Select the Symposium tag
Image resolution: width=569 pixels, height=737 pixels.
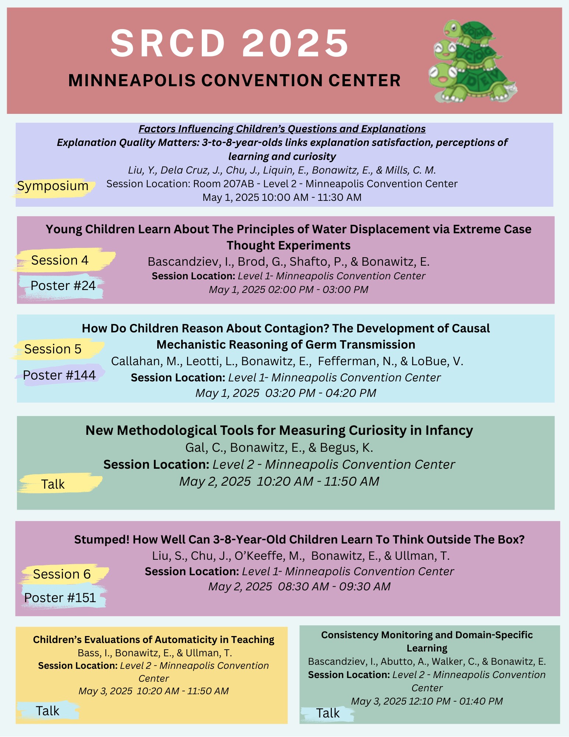tap(53, 186)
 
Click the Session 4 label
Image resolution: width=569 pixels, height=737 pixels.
tap(60, 260)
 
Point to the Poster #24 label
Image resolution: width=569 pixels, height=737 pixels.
tap(63, 286)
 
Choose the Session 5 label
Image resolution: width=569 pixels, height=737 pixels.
tap(53, 349)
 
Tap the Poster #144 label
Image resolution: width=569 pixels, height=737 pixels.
tap(59, 375)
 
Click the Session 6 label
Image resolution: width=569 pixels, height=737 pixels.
tap(62, 574)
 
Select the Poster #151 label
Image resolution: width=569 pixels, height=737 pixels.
tap(60, 598)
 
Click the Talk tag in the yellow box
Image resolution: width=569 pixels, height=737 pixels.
tap(48, 710)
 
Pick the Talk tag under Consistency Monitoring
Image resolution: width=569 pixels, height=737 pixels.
tap(328, 713)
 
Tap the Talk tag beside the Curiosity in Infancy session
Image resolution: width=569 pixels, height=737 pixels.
tap(53, 484)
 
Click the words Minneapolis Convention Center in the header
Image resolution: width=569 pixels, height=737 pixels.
tap(234, 81)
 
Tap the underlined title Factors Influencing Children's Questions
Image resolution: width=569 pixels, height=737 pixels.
tap(282, 129)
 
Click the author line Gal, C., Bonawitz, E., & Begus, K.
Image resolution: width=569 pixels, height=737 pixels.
tap(279, 447)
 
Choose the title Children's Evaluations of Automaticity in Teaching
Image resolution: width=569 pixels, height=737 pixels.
tap(154, 640)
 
